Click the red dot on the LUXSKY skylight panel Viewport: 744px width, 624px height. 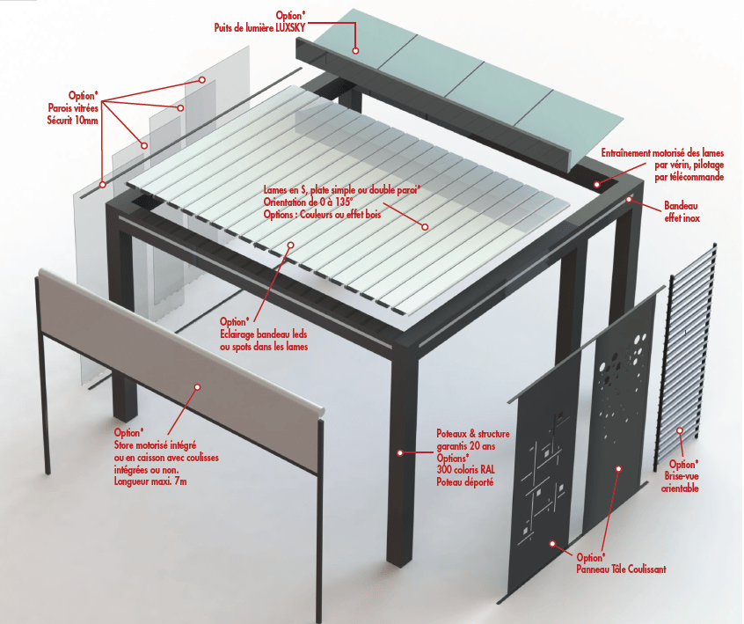(356, 51)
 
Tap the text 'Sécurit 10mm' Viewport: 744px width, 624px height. (73, 120)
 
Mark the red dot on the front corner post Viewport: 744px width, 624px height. (399, 452)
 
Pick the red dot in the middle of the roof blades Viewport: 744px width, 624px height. (425, 227)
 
